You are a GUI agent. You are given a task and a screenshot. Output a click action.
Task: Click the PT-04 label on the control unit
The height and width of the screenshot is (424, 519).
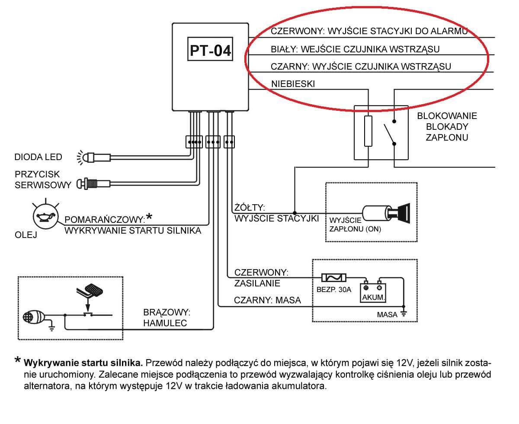[x=210, y=51]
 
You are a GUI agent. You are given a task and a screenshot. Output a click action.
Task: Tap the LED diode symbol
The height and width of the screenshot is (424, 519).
[x=93, y=157]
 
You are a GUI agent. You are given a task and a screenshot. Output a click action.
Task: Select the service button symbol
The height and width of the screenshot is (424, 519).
[x=93, y=184]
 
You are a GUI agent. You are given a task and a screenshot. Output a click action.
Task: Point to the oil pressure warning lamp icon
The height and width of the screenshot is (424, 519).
[x=45, y=216]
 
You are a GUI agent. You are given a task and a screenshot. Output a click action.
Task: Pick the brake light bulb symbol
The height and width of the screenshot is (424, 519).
[x=34, y=317]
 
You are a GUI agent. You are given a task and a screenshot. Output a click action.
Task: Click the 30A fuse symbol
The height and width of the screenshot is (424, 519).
[x=334, y=278]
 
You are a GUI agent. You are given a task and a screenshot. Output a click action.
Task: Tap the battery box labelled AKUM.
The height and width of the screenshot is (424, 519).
[x=373, y=292]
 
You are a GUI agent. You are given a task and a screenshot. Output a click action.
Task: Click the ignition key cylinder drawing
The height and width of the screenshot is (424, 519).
[x=386, y=213]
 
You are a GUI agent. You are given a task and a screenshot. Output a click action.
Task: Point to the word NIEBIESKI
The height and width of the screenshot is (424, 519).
[x=293, y=84]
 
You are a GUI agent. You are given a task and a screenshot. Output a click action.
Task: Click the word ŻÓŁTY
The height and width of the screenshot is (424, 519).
[x=250, y=207]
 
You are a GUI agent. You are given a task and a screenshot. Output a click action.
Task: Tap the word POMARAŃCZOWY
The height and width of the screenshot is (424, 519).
[x=105, y=219]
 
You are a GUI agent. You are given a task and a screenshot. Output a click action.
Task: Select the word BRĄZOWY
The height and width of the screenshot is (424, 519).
[x=167, y=312]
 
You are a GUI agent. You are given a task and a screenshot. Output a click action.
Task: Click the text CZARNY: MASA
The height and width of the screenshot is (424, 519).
[x=267, y=300]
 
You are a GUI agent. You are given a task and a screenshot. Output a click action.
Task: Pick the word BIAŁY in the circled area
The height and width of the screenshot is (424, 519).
[x=284, y=49]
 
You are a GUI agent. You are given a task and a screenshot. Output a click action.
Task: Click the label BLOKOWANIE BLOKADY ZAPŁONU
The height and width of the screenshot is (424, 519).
[x=447, y=127]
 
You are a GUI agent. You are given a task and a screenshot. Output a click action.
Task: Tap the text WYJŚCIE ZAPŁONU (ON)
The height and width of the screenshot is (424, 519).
[x=355, y=225]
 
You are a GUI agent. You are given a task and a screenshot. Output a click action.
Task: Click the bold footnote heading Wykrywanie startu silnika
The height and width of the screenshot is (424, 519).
[x=83, y=363]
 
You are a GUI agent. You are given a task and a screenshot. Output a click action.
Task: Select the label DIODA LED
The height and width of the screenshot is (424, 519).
[x=38, y=157]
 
